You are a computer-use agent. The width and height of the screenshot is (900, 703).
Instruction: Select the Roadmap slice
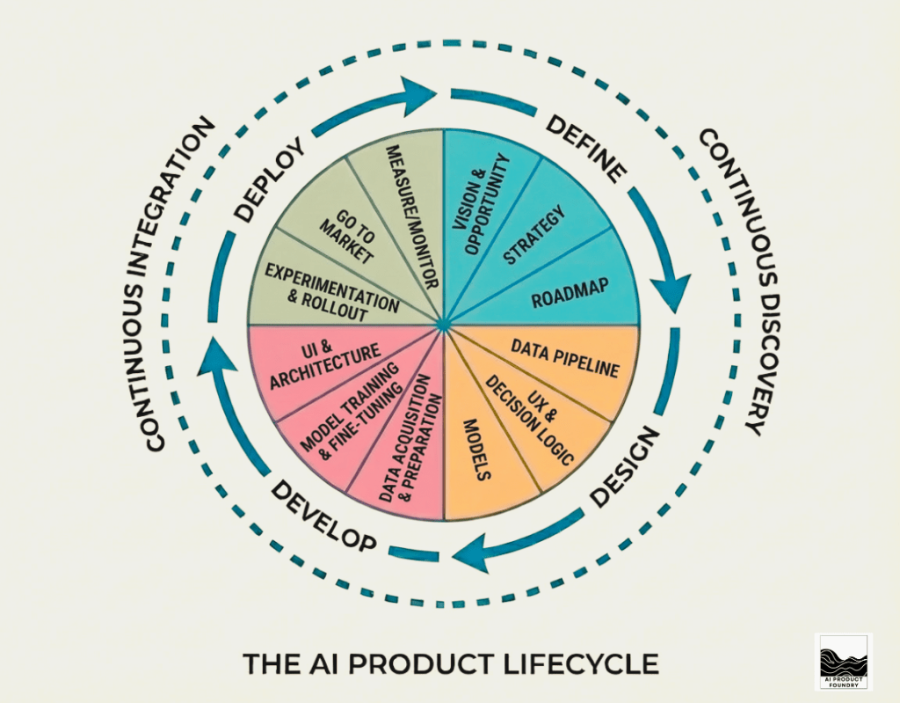pyautogui.click(x=571, y=293)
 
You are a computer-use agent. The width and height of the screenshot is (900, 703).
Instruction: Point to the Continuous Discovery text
pyautogui.click(x=729, y=282)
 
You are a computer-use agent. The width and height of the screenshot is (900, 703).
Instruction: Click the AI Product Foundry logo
pyautogui.click(x=843, y=661)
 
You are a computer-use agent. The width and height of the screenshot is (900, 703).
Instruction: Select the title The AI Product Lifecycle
pyautogui.click(x=450, y=663)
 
